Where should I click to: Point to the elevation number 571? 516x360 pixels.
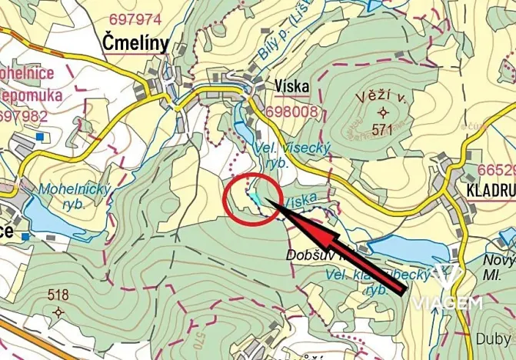point(382,130)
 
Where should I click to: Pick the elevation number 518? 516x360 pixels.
point(58,295)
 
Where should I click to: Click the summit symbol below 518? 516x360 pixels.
point(58,312)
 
